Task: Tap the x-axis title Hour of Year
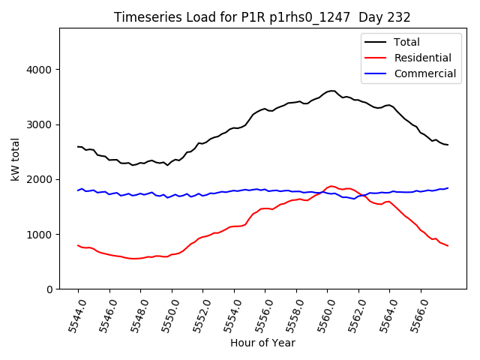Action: pos(262,343)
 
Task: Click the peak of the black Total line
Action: pos(331,91)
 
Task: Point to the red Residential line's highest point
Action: pos(331,186)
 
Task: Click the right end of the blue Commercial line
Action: pos(448,188)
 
